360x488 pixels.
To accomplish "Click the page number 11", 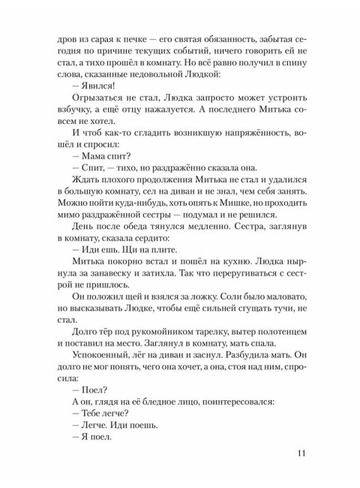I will pos(301,452).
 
